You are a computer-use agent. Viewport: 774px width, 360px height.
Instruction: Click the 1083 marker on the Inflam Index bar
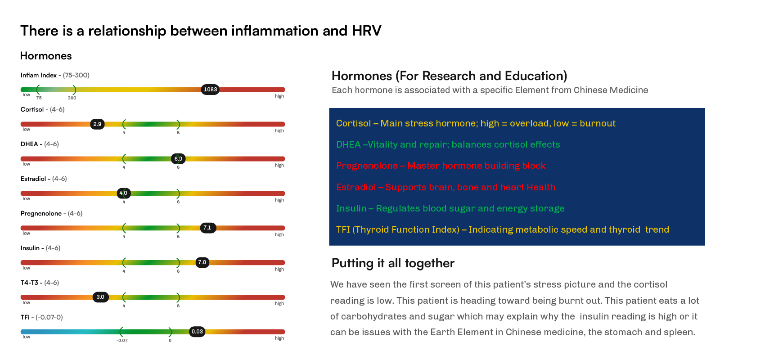pyautogui.click(x=210, y=90)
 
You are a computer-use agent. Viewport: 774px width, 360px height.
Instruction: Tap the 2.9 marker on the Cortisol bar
pyautogui.click(x=97, y=124)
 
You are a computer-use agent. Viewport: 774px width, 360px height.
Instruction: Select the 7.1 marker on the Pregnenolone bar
pyautogui.click(x=208, y=228)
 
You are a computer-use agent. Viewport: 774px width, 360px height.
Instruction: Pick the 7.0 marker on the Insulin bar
pyautogui.click(x=202, y=262)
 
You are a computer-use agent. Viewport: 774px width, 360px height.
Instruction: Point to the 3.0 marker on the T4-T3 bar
pyautogui.click(x=101, y=297)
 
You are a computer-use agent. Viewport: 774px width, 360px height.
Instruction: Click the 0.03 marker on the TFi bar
pyautogui.click(x=197, y=332)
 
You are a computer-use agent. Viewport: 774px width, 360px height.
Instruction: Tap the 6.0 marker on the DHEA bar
pyautogui.click(x=178, y=159)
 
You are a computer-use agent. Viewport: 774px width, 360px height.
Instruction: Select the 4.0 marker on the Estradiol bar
pyautogui.click(x=123, y=193)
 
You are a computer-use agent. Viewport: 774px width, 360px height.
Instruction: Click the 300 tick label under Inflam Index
pyautogui.click(x=72, y=98)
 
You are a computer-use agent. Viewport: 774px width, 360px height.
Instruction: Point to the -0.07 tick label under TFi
pyautogui.click(x=122, y=340)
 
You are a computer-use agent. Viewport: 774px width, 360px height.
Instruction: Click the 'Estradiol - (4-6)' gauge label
pyautogui.click(x=44, y=179)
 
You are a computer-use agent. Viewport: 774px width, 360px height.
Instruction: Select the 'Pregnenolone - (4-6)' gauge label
pyautogui.click(x=51, y=213)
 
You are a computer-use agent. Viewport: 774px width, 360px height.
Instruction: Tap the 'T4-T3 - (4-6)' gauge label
pyautogui.click(x=40, y=283)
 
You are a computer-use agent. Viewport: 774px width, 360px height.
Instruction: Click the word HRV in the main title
pyautogui.click(x=367, y=31)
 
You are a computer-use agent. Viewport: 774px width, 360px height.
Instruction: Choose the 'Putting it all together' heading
pyautogui.click(x=393, y=263)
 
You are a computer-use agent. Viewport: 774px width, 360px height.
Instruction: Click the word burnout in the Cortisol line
pyautogui.click(x=598, y=123)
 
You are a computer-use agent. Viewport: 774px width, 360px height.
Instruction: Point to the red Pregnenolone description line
pyautogui.click(x=441, y=166)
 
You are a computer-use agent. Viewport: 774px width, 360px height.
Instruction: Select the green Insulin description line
pyautogui.click(x=450, y=208)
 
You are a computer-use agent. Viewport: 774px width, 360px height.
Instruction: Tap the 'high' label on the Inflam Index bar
pyautogui.click(x=279, y=96)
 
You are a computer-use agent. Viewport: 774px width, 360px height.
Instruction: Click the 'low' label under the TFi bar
pyautogui.click(x=27, y=337)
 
